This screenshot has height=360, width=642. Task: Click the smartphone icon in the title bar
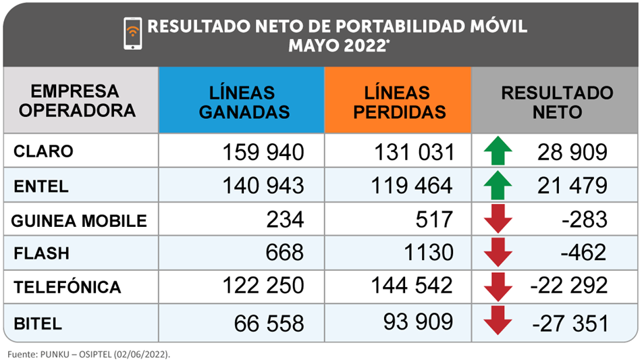tap(133, 33)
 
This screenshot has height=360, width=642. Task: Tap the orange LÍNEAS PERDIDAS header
tap(398, 101)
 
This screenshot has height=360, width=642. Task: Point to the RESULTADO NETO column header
tap(556, 101)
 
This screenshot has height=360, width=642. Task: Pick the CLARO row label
tap(43, 152)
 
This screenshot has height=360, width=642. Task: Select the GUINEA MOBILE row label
tap(80, 220)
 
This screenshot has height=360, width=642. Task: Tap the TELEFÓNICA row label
tap(67, 288)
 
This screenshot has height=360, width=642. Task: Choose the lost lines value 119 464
tap(412, 185)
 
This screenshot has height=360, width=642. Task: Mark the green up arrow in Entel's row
tap(498, 185)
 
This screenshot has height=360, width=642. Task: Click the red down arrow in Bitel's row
tap(498, 321)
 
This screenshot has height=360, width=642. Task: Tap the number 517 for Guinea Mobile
tap(433, 220)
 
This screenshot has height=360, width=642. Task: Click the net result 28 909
tap(572, 152)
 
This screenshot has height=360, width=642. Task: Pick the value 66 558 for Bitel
tap(269, 323)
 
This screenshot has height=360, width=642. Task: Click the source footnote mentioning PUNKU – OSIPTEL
tap(87, 353)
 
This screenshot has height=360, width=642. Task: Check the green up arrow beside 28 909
tap(498, 151)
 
